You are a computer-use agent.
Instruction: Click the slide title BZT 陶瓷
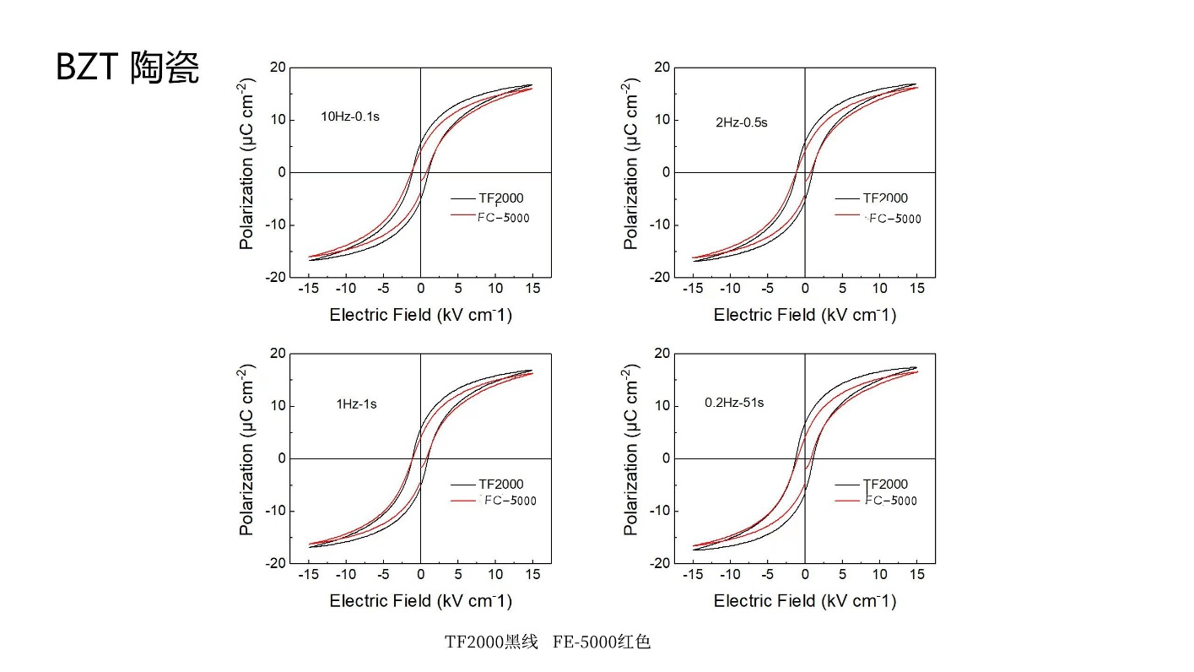point(127,68)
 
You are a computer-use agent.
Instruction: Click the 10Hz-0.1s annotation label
point(350,117)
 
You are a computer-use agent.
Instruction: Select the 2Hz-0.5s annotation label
point(742,122)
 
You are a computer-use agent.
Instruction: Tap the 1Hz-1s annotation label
point(356,404)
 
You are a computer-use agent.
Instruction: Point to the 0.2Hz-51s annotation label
point(734,403)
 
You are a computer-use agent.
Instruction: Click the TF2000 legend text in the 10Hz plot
point(501,198)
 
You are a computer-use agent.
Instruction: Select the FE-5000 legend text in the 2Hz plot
point(894,219)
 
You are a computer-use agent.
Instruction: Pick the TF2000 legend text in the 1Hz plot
point(501,485)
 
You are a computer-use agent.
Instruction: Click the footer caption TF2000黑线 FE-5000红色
point(548,642)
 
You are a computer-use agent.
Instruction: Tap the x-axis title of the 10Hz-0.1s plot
point(420,315)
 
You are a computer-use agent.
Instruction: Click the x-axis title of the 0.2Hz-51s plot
point(805,601)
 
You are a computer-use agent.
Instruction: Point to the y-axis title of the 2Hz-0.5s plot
point(631,171)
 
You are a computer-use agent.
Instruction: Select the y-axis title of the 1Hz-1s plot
point(246,458)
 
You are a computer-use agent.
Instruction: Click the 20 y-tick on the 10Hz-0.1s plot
point(278,68)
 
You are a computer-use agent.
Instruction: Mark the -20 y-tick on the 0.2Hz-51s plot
point(659,563)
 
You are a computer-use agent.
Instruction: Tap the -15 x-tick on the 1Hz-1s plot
point(309,574)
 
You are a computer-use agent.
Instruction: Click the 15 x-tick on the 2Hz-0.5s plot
point(916,288)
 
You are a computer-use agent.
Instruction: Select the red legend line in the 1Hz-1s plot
point(462,501)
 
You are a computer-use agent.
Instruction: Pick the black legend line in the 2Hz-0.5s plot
point(847,199)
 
